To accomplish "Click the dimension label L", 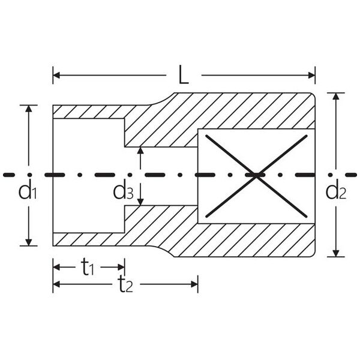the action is tap(184, 74).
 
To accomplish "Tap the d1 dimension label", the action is tap(28, 191).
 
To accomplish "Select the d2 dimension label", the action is tap(335, 191).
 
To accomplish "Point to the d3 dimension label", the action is tap(123, 191).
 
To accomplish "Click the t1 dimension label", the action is tap(88, 267).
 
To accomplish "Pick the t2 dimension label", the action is tap(125, 284).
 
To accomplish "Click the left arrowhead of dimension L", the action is tap(56, 75).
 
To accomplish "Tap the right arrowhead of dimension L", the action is tap(311, 75).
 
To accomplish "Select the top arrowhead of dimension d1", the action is tap(28, 109).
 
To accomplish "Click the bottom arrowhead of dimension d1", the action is tap(28, 242).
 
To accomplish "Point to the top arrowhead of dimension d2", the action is tap(336, 96).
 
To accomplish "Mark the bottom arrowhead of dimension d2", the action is tap(336, 253).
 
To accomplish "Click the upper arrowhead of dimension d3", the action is tap(140, 151).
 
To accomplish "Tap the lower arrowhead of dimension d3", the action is tap(140, 202).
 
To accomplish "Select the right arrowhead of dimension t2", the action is tap(194, 284).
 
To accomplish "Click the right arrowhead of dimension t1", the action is tap(121, 267).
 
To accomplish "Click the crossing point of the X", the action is tap(256, 176).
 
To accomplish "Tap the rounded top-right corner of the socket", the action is tap(313, 94).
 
